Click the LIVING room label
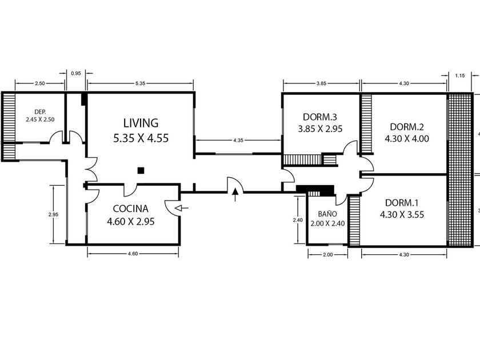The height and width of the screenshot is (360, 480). [x=141, y=123]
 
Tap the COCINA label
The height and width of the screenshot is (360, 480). [x=131, y=209]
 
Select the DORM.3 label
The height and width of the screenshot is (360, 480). [x=320, y=117]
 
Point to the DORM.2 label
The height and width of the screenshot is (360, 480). [x=407, y=127]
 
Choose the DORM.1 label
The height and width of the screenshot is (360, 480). [x=402, y=203]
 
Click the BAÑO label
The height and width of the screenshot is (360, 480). [x=327, y=214]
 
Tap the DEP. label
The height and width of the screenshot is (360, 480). [x=40, y=112]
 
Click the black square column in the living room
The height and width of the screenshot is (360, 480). [x=141, y=170]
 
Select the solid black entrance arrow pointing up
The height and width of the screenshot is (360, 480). [x=235, y=194]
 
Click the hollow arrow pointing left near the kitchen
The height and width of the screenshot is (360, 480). [x=182, y=208]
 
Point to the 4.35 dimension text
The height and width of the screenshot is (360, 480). [x=238, y=141]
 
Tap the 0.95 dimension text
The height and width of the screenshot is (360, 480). [x=75, y=74]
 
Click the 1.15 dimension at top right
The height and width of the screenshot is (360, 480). [x=460, y=75]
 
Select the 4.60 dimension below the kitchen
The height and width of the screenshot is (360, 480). [x=133, y=254]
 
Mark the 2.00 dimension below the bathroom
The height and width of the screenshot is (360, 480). [x=327, y=255]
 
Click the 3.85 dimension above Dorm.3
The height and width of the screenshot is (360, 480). [x=321, y=83]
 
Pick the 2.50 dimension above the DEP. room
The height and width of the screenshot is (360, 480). [x=40, y=83]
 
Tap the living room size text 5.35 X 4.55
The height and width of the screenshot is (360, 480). [x=141, y=138]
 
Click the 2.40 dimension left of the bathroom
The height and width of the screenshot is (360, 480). [x=298, y=220]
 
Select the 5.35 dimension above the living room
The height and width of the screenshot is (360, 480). [x=140, y=83]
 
